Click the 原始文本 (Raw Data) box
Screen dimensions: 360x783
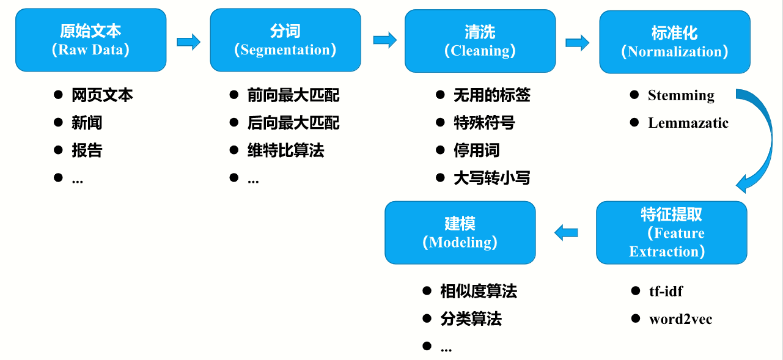click(90, 39)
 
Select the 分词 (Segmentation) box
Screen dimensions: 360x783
click(285, 40)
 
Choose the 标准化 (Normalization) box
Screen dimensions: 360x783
click(674, 42)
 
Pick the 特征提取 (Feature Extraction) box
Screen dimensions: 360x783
click(671, 233)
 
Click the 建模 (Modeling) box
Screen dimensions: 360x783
click(460, 233)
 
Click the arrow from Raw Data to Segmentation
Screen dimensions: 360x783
click(188, 42)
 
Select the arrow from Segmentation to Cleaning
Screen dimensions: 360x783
click(384, 40)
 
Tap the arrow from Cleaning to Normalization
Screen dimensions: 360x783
click(577, 42)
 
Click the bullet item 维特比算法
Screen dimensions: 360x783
click(285, 150)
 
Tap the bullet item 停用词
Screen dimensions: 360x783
click(476, 150)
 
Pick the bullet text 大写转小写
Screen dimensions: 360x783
click(491, 178)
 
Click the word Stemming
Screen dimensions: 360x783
click(681, 95)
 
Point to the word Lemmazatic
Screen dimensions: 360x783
click(688, 123)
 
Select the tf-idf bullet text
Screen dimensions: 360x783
click(666, 291)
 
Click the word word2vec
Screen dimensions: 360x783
click(680, 319)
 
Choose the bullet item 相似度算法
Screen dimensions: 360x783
click(479, 292)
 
